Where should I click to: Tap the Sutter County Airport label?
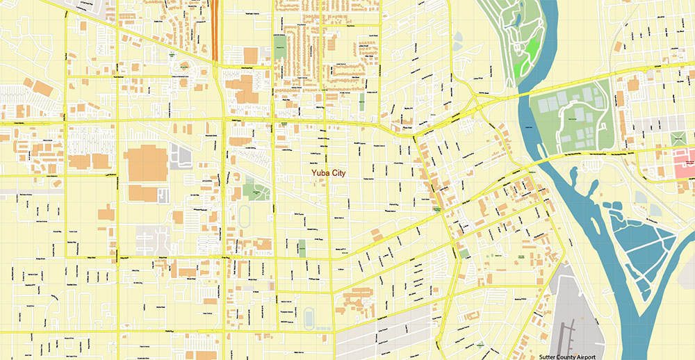click(567, 354)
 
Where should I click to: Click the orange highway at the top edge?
click(216, 28)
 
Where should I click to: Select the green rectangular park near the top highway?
click(280, 48)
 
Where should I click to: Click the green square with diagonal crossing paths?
click(677, 138)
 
